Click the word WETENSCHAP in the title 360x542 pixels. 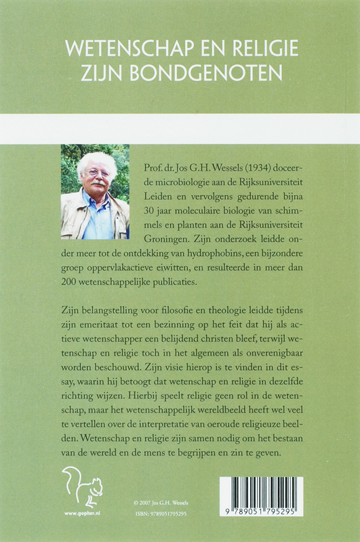pos(120,49)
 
